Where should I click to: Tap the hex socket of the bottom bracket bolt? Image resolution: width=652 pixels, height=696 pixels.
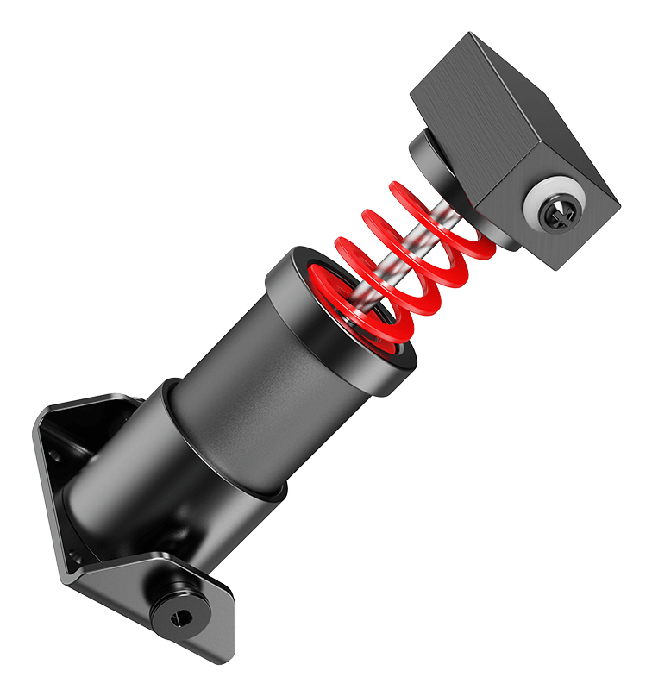(x=179, y=617)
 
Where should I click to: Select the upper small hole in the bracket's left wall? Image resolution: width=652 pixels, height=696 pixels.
(x=55, y=457)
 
